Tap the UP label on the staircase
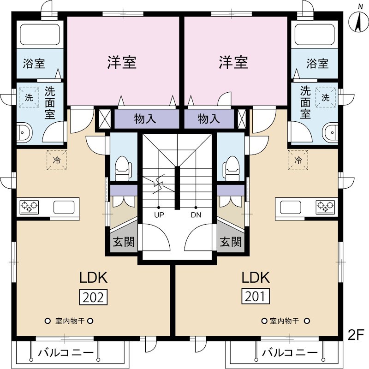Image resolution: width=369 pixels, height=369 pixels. click(159, 215)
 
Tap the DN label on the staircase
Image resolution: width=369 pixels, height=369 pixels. click(196, 215)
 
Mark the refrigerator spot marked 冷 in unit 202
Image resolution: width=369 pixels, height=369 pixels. click(57, 161)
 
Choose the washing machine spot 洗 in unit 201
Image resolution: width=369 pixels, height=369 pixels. click(326, 98)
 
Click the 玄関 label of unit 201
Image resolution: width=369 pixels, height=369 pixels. click(230, 241)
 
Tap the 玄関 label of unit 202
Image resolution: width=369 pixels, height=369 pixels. click(124, 241)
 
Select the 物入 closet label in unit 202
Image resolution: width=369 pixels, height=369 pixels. click(145, 119)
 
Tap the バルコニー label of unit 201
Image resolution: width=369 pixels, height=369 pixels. click(290, 353)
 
